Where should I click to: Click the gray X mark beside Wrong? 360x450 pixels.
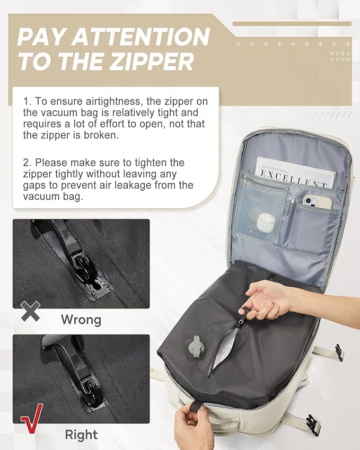pos(31,311)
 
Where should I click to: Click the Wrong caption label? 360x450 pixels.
pos(81,320)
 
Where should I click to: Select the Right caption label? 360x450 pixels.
pos(81,435)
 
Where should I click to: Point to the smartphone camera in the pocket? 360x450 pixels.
pos(309,201)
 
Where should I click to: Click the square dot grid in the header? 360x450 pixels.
pos(339,56)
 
